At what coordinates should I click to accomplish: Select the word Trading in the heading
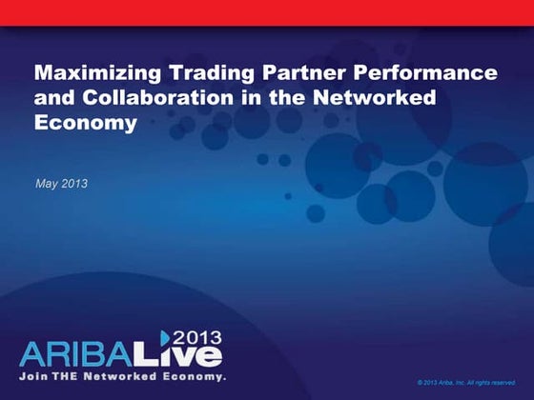(x=206, y=72)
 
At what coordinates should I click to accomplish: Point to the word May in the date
(x=46, y=182)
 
